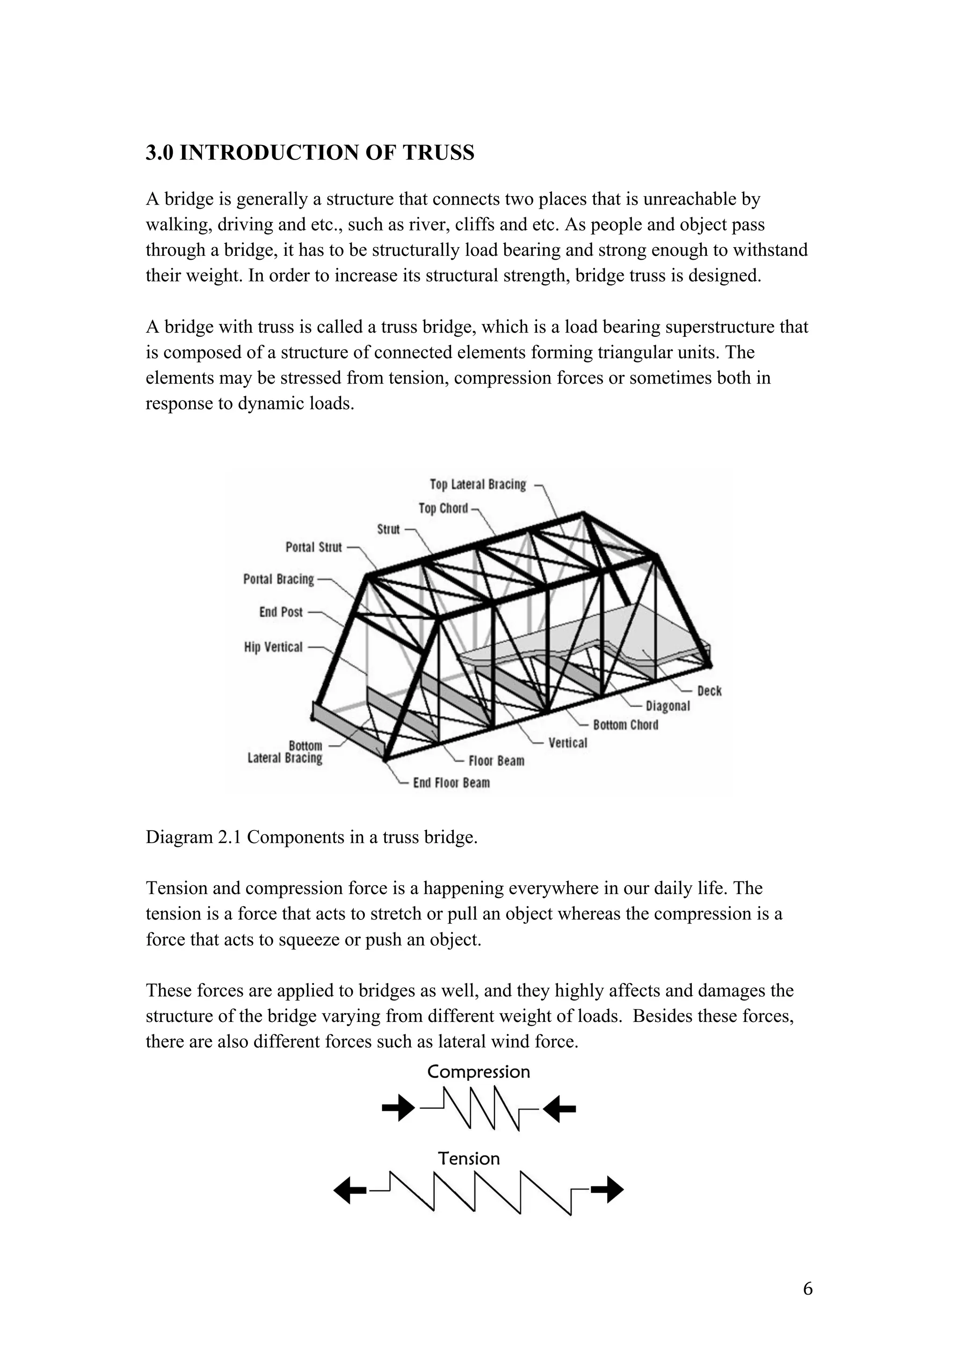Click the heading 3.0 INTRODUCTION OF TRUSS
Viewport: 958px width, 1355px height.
(x=310, y=153)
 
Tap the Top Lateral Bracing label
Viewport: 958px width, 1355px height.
(x=477, y=485)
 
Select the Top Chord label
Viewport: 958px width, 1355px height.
(x=443, y=508)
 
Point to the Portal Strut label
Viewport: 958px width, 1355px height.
(x=313, y=547)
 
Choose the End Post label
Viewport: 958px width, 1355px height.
(x=281, y=612)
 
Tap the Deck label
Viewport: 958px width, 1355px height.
(x=709, y=691)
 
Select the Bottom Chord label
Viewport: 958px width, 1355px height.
(x=625, y=725)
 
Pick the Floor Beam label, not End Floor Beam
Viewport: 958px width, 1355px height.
(x=496, y=761)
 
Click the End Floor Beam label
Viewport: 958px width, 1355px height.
(x=451, y=783)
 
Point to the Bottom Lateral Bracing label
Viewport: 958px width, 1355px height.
(x=285, y=752)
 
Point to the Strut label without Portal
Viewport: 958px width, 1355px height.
(x=388, y=529)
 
